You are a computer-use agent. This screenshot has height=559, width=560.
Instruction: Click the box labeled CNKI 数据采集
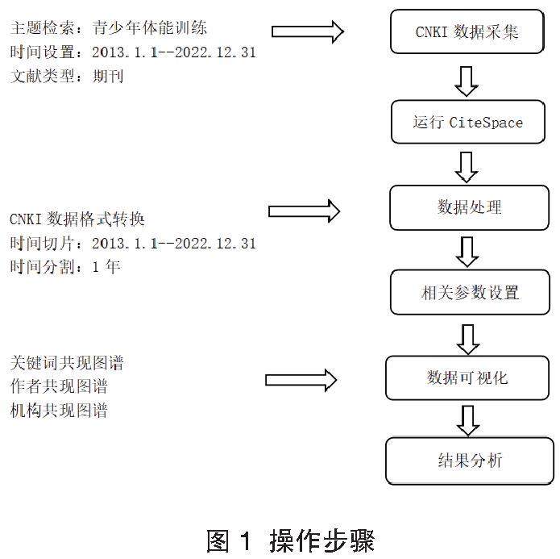(467, 32)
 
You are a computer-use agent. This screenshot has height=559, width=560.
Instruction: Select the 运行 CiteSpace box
(467, 123)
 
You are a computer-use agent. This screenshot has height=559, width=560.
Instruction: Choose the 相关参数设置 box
(471, 292)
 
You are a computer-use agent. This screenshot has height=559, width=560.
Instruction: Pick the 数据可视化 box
(467, 378)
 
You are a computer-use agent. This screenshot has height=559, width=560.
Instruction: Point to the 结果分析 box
(469, 461)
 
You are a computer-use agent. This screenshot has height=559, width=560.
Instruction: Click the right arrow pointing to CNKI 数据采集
(307, 31)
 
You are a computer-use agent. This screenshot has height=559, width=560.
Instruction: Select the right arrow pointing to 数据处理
(304, 211)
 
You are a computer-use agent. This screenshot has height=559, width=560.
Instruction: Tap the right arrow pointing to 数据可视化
(301, 379)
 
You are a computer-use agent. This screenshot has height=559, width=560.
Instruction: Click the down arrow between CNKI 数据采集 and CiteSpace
(467, 80)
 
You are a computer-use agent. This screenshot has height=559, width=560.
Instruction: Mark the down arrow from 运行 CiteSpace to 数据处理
(467, 165)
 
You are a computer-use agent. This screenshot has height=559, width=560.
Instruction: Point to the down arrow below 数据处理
(467, 251)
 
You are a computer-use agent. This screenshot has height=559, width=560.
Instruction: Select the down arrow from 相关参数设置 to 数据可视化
(467, 336)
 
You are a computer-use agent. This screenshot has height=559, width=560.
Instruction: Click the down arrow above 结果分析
(467, 419)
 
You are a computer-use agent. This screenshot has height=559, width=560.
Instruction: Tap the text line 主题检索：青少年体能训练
(109, 29)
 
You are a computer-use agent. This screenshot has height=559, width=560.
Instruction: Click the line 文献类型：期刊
(67, 76)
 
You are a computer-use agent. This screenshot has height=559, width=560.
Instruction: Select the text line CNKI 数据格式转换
(77, 219)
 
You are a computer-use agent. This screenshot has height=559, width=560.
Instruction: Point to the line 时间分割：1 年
(65, 266)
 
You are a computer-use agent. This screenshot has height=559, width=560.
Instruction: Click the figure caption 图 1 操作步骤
(290, 539)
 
